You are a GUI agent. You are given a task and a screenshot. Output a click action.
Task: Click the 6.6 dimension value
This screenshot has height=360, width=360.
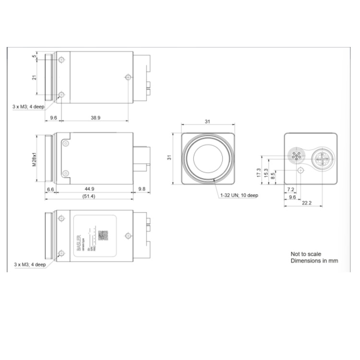tap(50, 189)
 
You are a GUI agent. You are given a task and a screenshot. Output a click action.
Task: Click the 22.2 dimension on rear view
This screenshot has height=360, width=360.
tap(307, 203)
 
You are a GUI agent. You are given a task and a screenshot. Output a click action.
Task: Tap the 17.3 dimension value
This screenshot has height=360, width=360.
tap(259, 173)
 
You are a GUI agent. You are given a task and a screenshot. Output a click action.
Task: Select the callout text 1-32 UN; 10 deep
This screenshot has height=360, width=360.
tap(239, 196)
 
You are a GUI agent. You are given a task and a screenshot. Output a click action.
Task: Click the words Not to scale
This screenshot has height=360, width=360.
tap(306, 254)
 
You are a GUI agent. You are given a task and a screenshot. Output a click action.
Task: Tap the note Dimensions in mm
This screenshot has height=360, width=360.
tap(314, 261)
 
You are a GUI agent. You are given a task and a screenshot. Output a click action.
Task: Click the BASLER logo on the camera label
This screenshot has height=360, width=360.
tap(79, 236)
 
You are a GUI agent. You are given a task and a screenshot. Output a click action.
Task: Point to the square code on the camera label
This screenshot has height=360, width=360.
tap(103, 235)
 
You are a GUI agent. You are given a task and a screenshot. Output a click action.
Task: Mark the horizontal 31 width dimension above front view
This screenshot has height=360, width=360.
tap(207, 122)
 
